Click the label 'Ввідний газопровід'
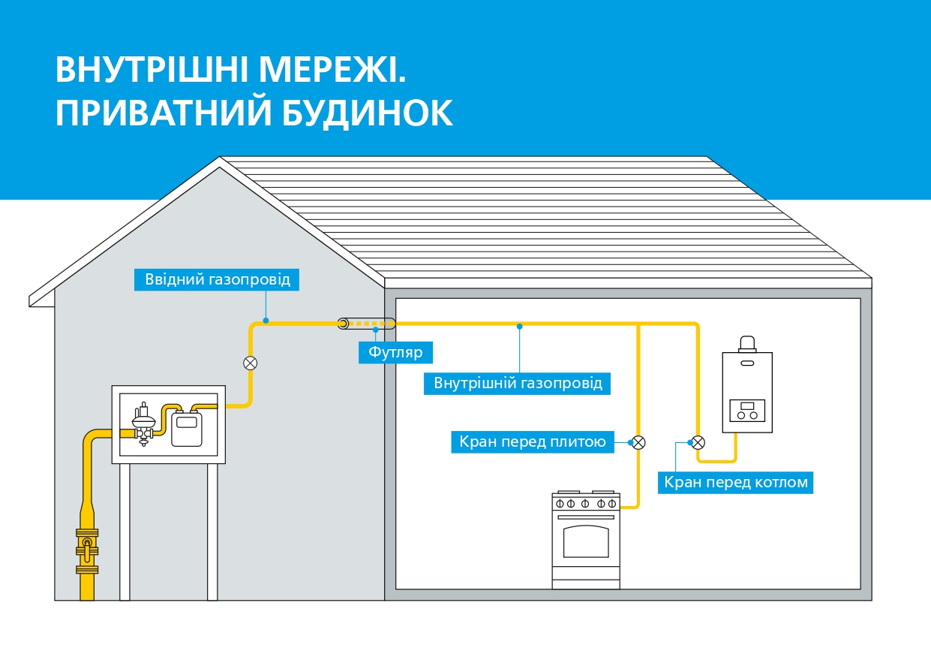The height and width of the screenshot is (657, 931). [217, 279]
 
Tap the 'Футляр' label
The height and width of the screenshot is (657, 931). [396, 352]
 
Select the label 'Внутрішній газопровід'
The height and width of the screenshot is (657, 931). [518, 383]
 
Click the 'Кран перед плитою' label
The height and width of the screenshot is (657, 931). [533, 442]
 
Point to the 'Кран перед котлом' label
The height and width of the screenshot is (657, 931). [736, 482]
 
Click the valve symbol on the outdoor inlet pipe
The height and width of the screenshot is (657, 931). [251, 363]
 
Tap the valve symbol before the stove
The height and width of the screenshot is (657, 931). [638, 442]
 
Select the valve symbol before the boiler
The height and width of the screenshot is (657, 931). [698, 442]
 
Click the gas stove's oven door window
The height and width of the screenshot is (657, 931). [586, 541]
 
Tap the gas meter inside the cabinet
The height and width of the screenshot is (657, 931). [182, 429]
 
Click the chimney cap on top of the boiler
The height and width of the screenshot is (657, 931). [747, 345]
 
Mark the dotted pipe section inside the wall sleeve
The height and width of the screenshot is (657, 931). [371, 324]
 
